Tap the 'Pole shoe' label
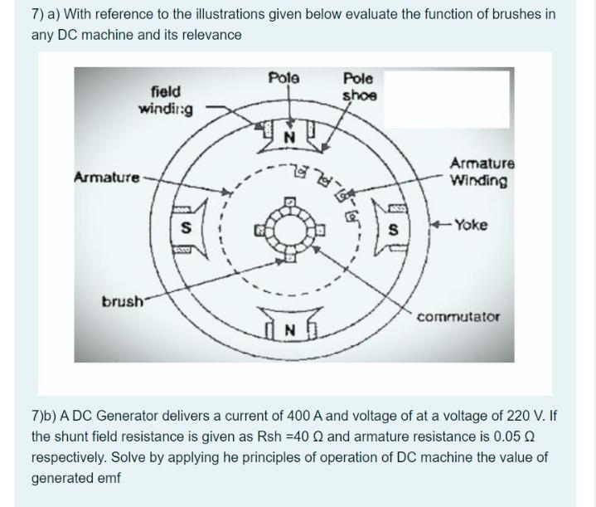pos(359,86)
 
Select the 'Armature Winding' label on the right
pos(482,173)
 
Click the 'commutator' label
pos(458,317)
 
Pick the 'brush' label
pos(119,300)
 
